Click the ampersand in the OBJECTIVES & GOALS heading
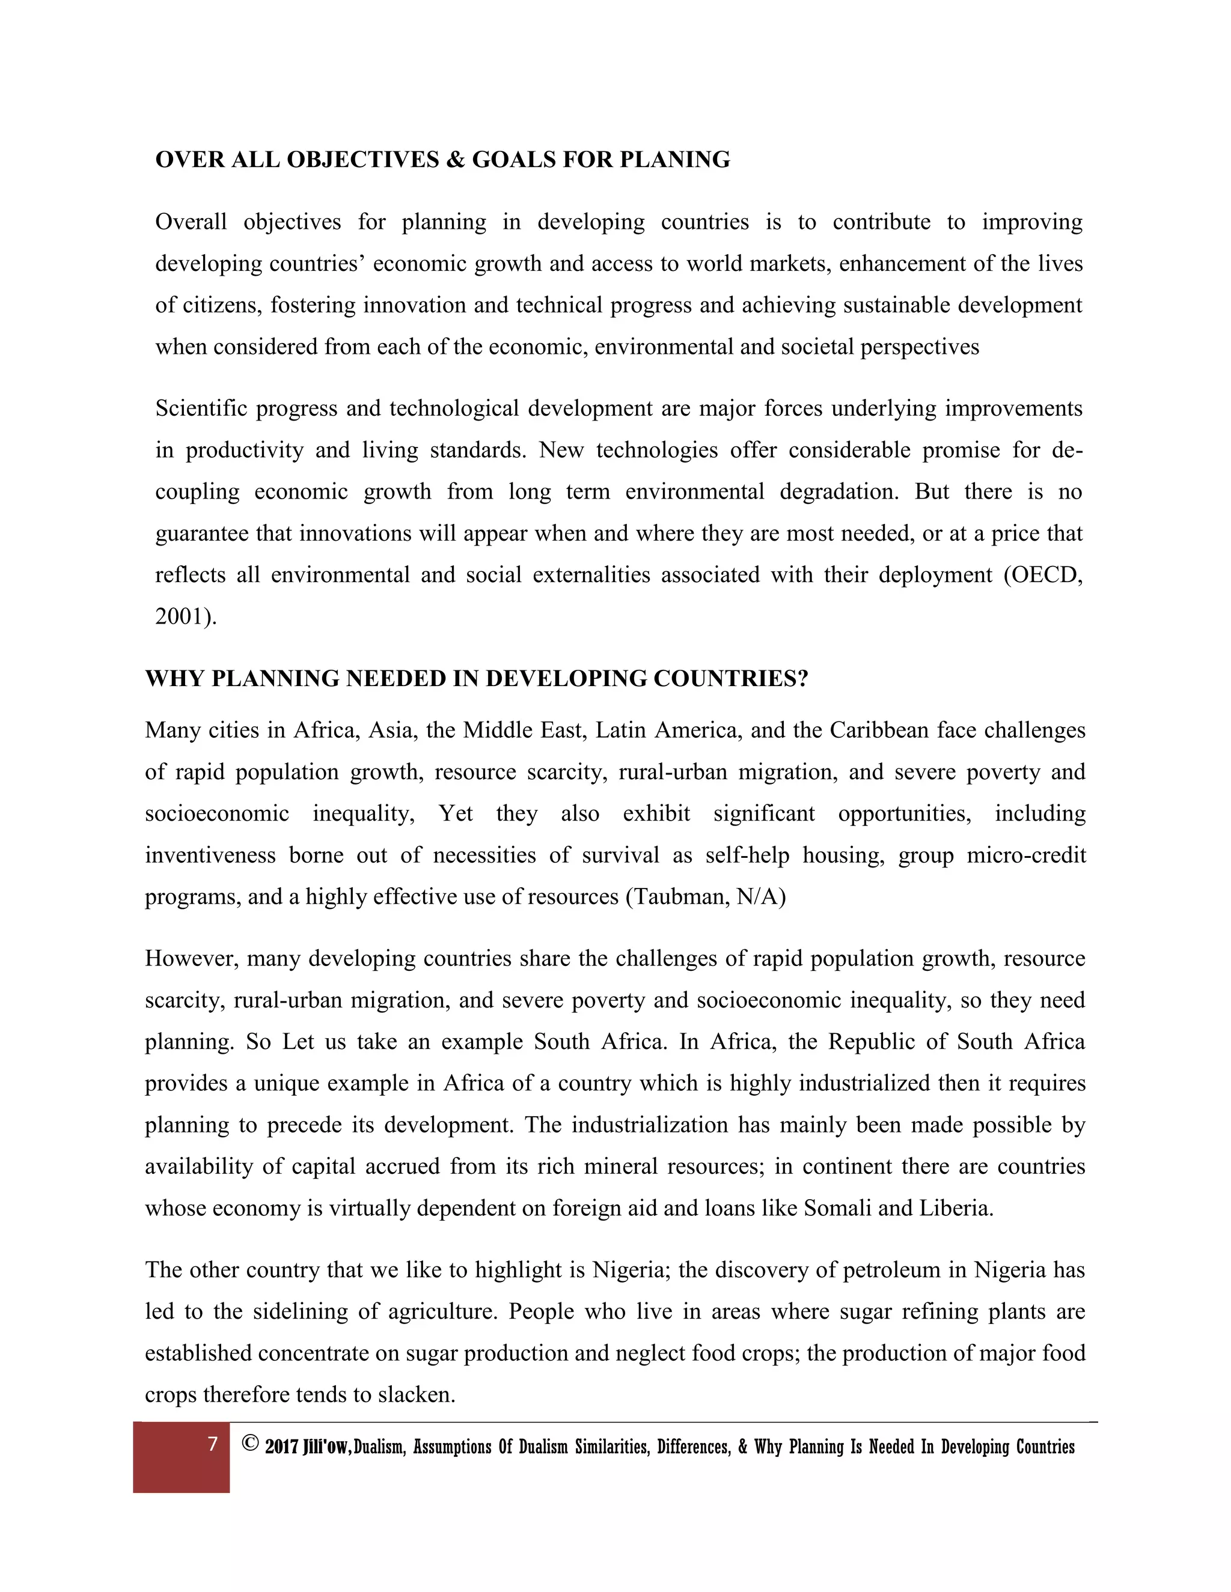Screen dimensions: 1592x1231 click(x=455, y=160)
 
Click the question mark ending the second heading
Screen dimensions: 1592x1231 click(x=803, y=679)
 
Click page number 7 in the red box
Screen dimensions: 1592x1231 click(x=212, y=1444)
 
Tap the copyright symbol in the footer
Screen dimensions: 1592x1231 click(x=250, y=1444)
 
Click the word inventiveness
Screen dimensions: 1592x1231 click(x=210, y=855)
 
